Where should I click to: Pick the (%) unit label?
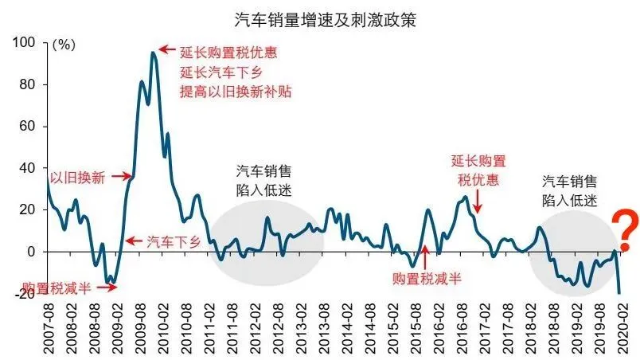[63, 45]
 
